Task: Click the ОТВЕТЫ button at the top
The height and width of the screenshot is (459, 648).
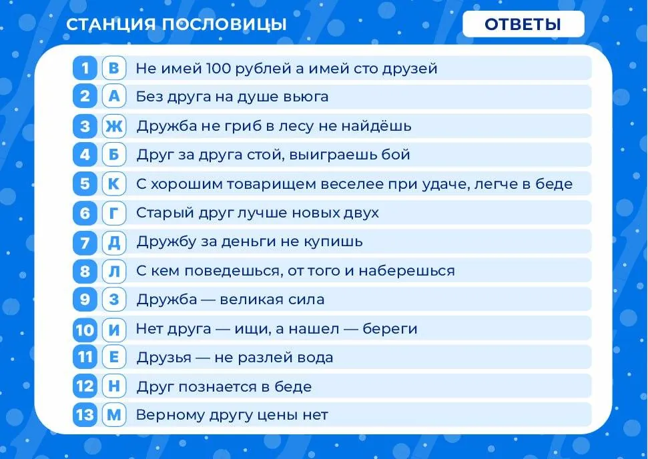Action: click(523, 24)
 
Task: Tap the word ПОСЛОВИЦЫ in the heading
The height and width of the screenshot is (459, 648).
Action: click(224, 25)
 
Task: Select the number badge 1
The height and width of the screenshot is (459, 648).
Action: click(85, 68)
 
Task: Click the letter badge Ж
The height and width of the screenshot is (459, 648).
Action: click(114, 125)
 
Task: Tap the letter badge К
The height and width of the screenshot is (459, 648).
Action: click(114, 183)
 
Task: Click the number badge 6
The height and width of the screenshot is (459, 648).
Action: click(85, 213)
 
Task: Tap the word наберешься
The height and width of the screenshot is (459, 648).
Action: click(406, 271)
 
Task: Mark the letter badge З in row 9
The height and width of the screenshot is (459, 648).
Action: click(114, 299)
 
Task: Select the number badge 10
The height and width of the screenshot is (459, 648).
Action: click(85, 329)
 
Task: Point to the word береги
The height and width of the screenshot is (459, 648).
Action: click(390, 329)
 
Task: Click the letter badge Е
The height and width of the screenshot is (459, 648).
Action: click(114, 357)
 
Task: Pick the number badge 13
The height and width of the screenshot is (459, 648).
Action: click(85, 415)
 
